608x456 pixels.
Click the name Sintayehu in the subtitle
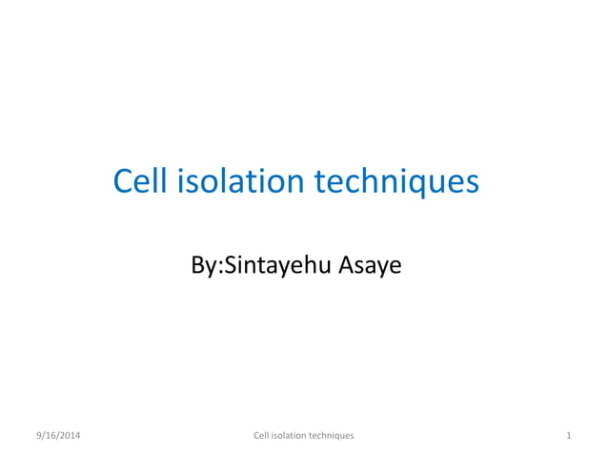tap(276, 265)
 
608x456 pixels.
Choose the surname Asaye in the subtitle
tap(370, 265)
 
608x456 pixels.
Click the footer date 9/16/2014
tap(58, 435)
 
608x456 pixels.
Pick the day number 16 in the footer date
tap(51, 435)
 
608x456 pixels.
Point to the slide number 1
tap(568, 435)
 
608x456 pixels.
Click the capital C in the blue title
tap(123, 180)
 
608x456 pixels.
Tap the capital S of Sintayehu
tap(228, 264)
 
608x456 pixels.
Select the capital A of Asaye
tap(345, 264)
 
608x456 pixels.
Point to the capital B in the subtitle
tap(197, 264)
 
